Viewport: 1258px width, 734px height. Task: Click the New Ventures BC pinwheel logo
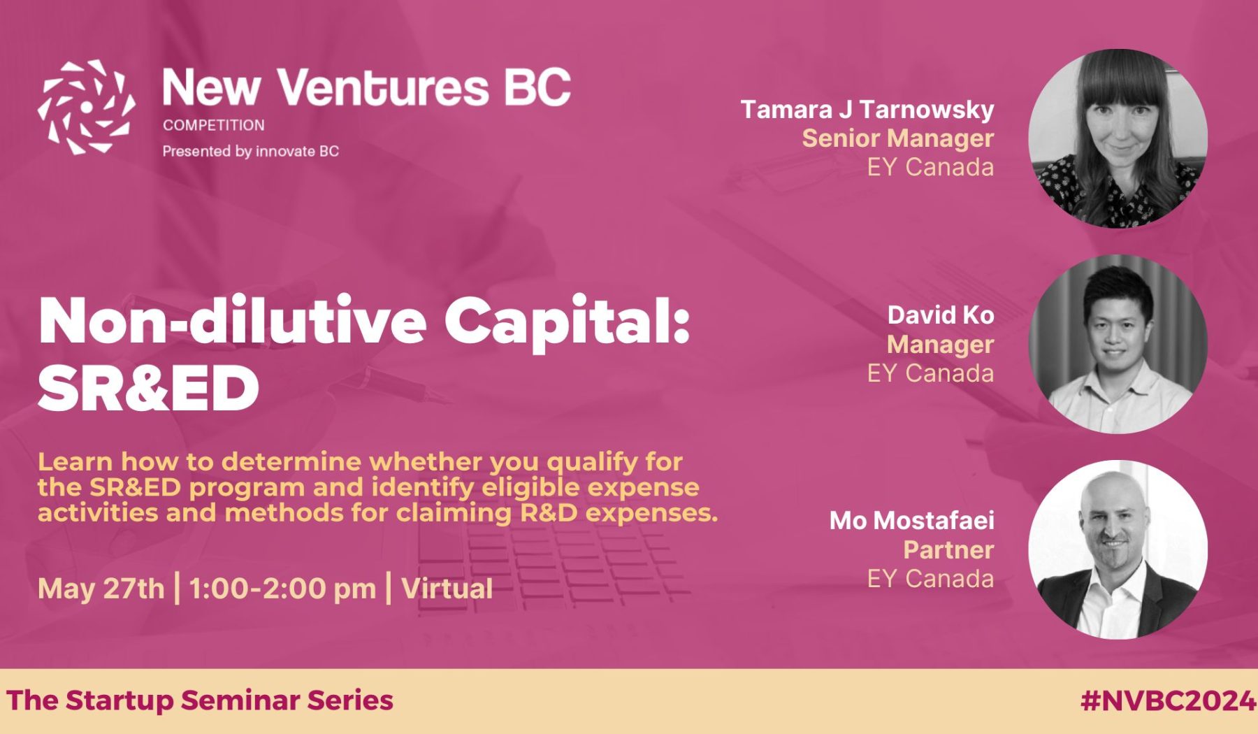pyautogui.click(x=87, y=107)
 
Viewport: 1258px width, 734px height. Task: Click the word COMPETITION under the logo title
pyautogui.click(x=214, y=125)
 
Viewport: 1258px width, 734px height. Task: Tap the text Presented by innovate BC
pyautogui.click(x=251, y=151)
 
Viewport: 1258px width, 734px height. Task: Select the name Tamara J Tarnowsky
pyautogui.click(x=867, y=110)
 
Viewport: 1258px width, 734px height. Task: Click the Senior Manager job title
pyautogui.click(x=898, y=138)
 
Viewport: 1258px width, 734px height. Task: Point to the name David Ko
pyautogui.click(x=941, y=315)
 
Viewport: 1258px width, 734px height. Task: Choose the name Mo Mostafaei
pyautogui.click(x=912, y=521)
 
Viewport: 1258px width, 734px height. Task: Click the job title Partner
pyautogui.click(x=948, y=549)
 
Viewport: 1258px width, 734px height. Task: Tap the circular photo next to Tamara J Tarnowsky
pyautogui.click(x=1118, y=138)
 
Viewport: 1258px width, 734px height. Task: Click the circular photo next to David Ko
pyautogui.click(x=1118, y=344)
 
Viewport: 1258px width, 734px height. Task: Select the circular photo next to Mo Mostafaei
pyautogui.click(x=1118, y=549)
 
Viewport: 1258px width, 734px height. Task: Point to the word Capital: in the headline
pyautogui.click(x=567, y=323)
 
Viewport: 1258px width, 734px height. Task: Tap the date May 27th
pyautogui.click(x=101, y=589)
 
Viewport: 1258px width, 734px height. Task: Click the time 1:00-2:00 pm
pyautogui.click(x=282, y=589)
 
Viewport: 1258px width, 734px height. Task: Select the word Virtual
pyautogui.click(x=447, y=589)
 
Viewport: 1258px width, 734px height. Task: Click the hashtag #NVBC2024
pyautogui.click(x=1168, y=700)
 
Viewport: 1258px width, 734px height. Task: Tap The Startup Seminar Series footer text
pyautogui.click(x=200, y=700)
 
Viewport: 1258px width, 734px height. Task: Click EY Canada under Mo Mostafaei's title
pyautogui.click(x=930, y=579)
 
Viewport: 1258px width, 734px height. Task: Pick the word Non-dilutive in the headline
pyautogui.click(x=233, y=322)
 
